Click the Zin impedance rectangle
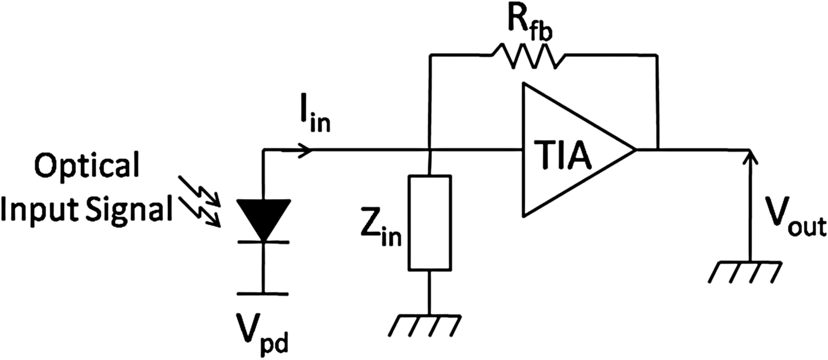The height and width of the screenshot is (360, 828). point(430,223)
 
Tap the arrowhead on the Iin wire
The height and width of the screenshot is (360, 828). point(307,150)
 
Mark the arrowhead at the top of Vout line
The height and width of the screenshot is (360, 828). point(749,155)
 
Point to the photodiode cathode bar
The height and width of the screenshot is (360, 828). point(263,242)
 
